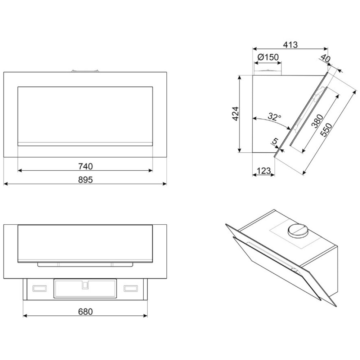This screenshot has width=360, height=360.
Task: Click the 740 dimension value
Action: click(x=85, y=166)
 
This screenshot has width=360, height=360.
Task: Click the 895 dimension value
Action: click(x=85, y=180)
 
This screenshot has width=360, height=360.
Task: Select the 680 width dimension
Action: click(x=85, y=311)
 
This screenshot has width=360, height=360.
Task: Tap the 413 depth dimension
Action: click(x=290, y=45)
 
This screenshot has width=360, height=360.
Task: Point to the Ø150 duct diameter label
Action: click(x=268, y=57)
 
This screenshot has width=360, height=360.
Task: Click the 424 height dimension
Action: click(x=235, y=114)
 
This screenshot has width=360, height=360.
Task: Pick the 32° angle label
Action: click(x=274, y=117)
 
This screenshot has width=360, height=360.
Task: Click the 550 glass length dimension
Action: click(x=326, y=130)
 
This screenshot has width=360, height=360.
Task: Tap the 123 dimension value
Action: click(x=264, y=171)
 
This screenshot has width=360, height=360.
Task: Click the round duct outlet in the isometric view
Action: click(x=298, y=230)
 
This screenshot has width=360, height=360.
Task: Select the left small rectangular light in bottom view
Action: click(x=40, y=288)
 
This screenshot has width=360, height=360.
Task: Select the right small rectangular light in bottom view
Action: click(x=131, y=288)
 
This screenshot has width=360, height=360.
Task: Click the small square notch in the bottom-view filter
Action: click(x=85, y=285)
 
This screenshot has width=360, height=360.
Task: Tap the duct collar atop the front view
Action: click(x=85, y=71)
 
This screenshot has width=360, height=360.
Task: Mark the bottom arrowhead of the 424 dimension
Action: click(x=239, y=150)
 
